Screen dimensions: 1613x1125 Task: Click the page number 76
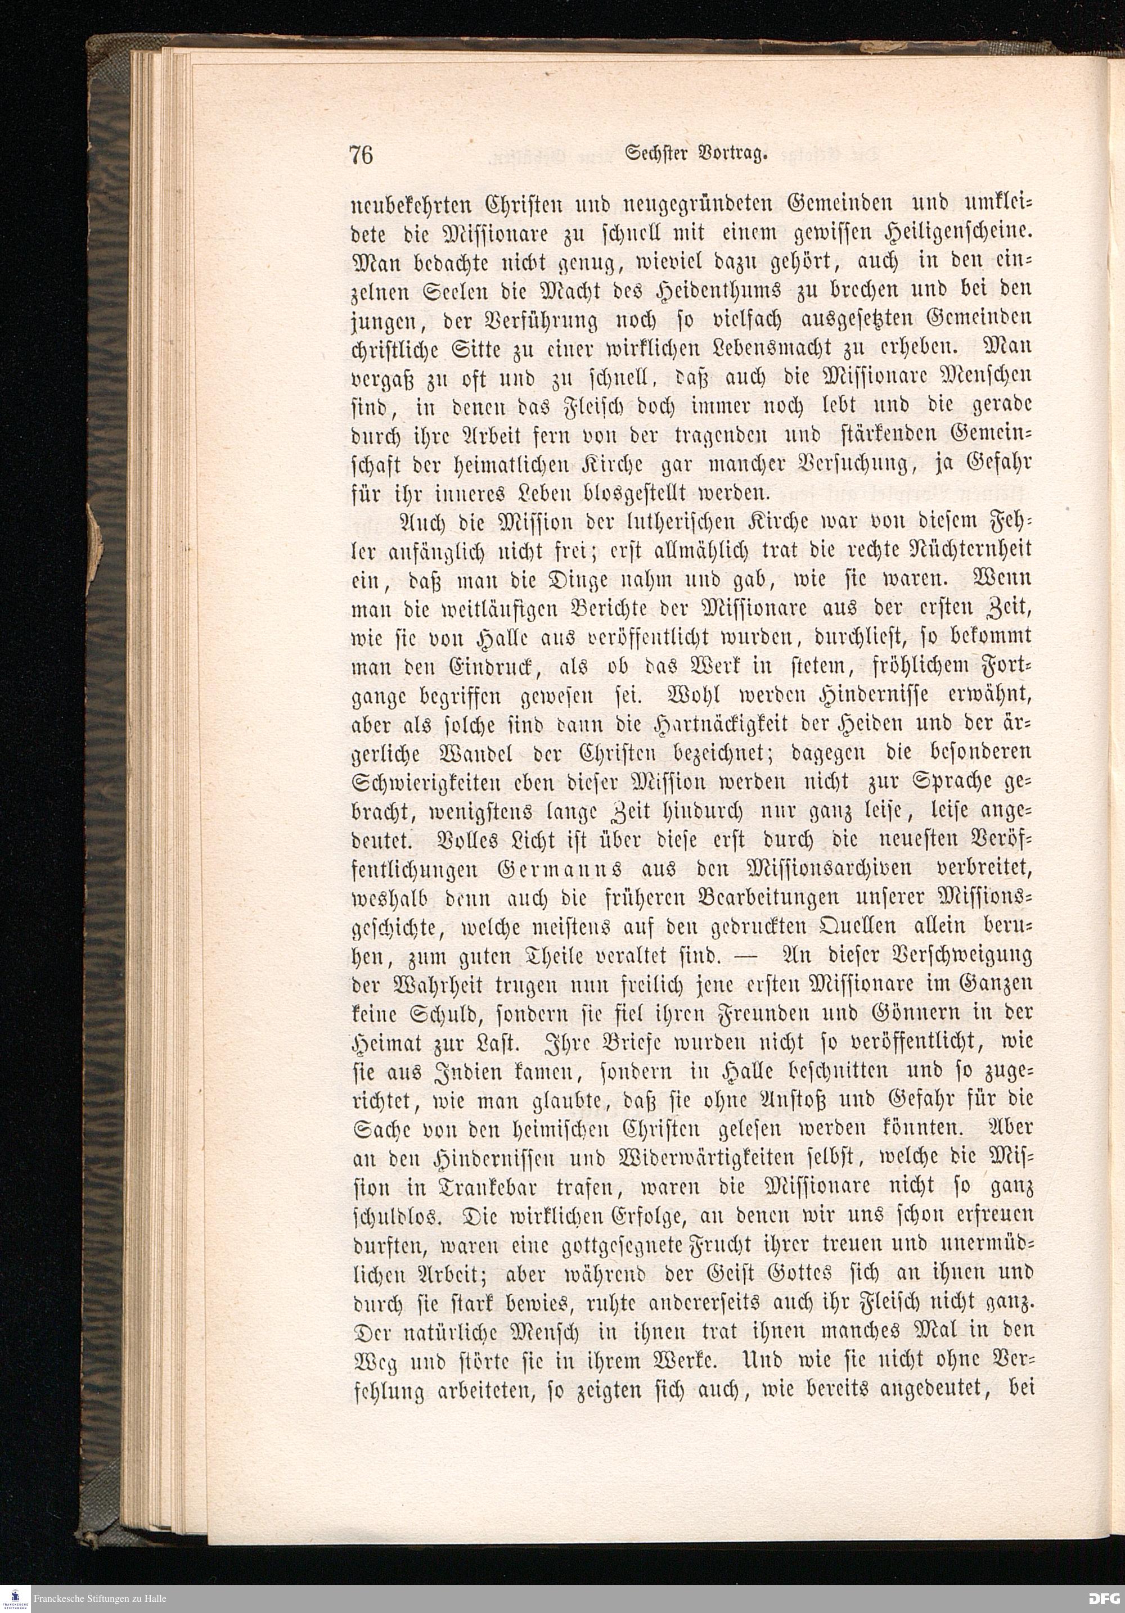click(x=361, y=155)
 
